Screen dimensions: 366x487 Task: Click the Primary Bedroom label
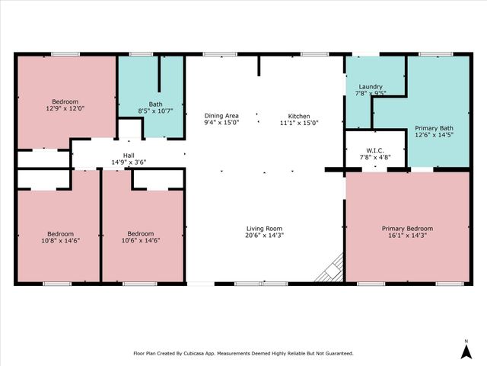pos(407,229)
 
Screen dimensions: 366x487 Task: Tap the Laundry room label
pos(370,87)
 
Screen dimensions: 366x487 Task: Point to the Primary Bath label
pos(434,128)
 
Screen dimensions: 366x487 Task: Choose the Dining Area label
pos(221,115)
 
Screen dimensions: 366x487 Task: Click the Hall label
pos(129,155)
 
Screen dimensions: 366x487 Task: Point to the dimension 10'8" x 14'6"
pos(61,240)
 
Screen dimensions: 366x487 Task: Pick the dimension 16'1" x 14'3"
pos(407,236)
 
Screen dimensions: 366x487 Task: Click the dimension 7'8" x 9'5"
pos(370,94)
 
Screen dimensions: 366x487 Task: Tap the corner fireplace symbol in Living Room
pos(335,268)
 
